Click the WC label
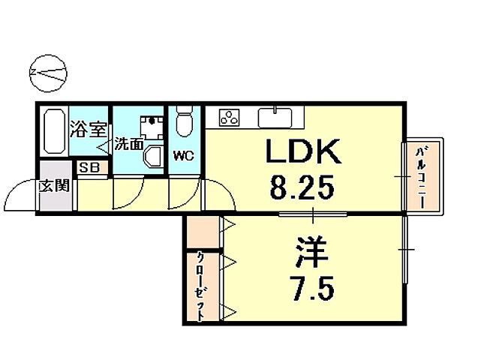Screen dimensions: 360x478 point(183,157)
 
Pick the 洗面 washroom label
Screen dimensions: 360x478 point(128,144)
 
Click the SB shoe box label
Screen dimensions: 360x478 point(92,168)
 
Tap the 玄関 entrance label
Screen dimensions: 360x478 point(54,184)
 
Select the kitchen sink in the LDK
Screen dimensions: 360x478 point(275,117)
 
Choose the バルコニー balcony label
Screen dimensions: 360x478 point(422,176)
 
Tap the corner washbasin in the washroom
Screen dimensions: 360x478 point(153,155)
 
